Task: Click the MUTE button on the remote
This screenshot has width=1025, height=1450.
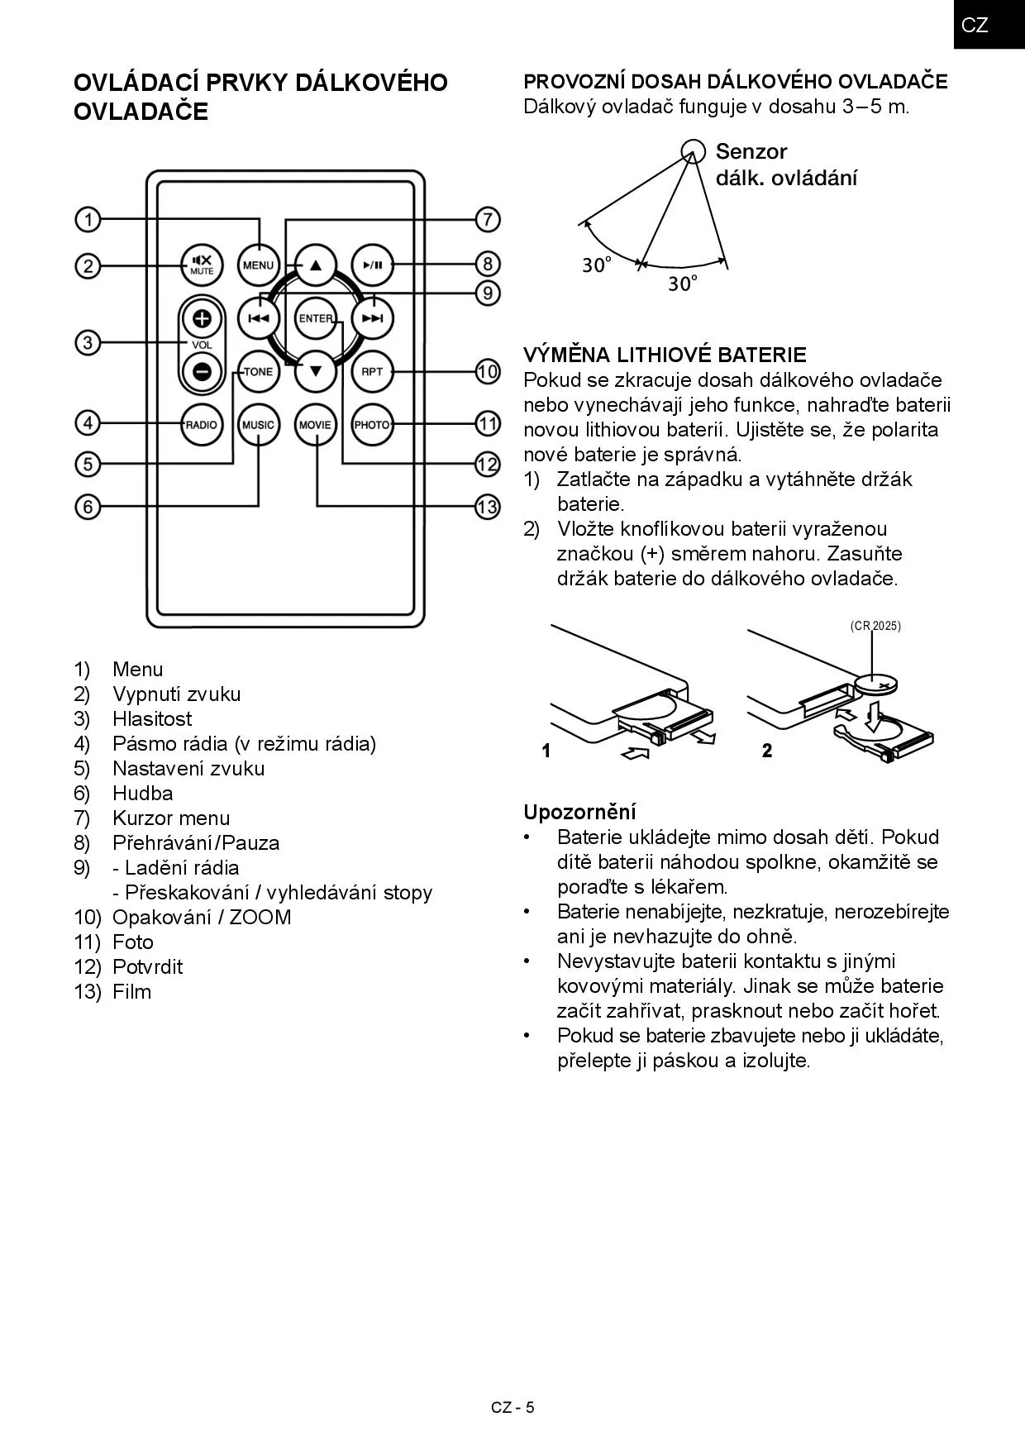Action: tap(202, 265)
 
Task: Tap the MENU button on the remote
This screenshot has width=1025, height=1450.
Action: tap(258, 265)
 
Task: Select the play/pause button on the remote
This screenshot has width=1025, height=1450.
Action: tap(372, 265)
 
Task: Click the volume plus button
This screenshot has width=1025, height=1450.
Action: tap(202, 318)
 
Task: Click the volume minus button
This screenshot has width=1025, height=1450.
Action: tap(202, 371)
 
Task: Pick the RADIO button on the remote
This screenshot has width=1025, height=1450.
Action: tap(201, 425)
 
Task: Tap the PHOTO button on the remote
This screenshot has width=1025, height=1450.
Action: tap(372, 425)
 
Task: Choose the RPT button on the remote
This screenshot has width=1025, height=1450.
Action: tap(372, 371)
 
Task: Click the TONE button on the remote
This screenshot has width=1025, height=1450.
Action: tap(258, 371)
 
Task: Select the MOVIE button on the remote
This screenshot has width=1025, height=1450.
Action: tap(315, 425)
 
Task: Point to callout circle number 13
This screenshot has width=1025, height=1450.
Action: tap(488, 506)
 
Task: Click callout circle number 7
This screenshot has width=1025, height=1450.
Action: tap(488, 220)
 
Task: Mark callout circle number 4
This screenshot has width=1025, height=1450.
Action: tap(88, 423)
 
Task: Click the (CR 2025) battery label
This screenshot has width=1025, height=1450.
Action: tap(875, 626)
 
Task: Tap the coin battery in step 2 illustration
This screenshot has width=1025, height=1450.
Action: tap(877, 684)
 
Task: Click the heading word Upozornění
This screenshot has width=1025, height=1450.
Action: tap(579, 812)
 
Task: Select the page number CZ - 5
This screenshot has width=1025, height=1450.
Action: tap(512, 1408)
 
